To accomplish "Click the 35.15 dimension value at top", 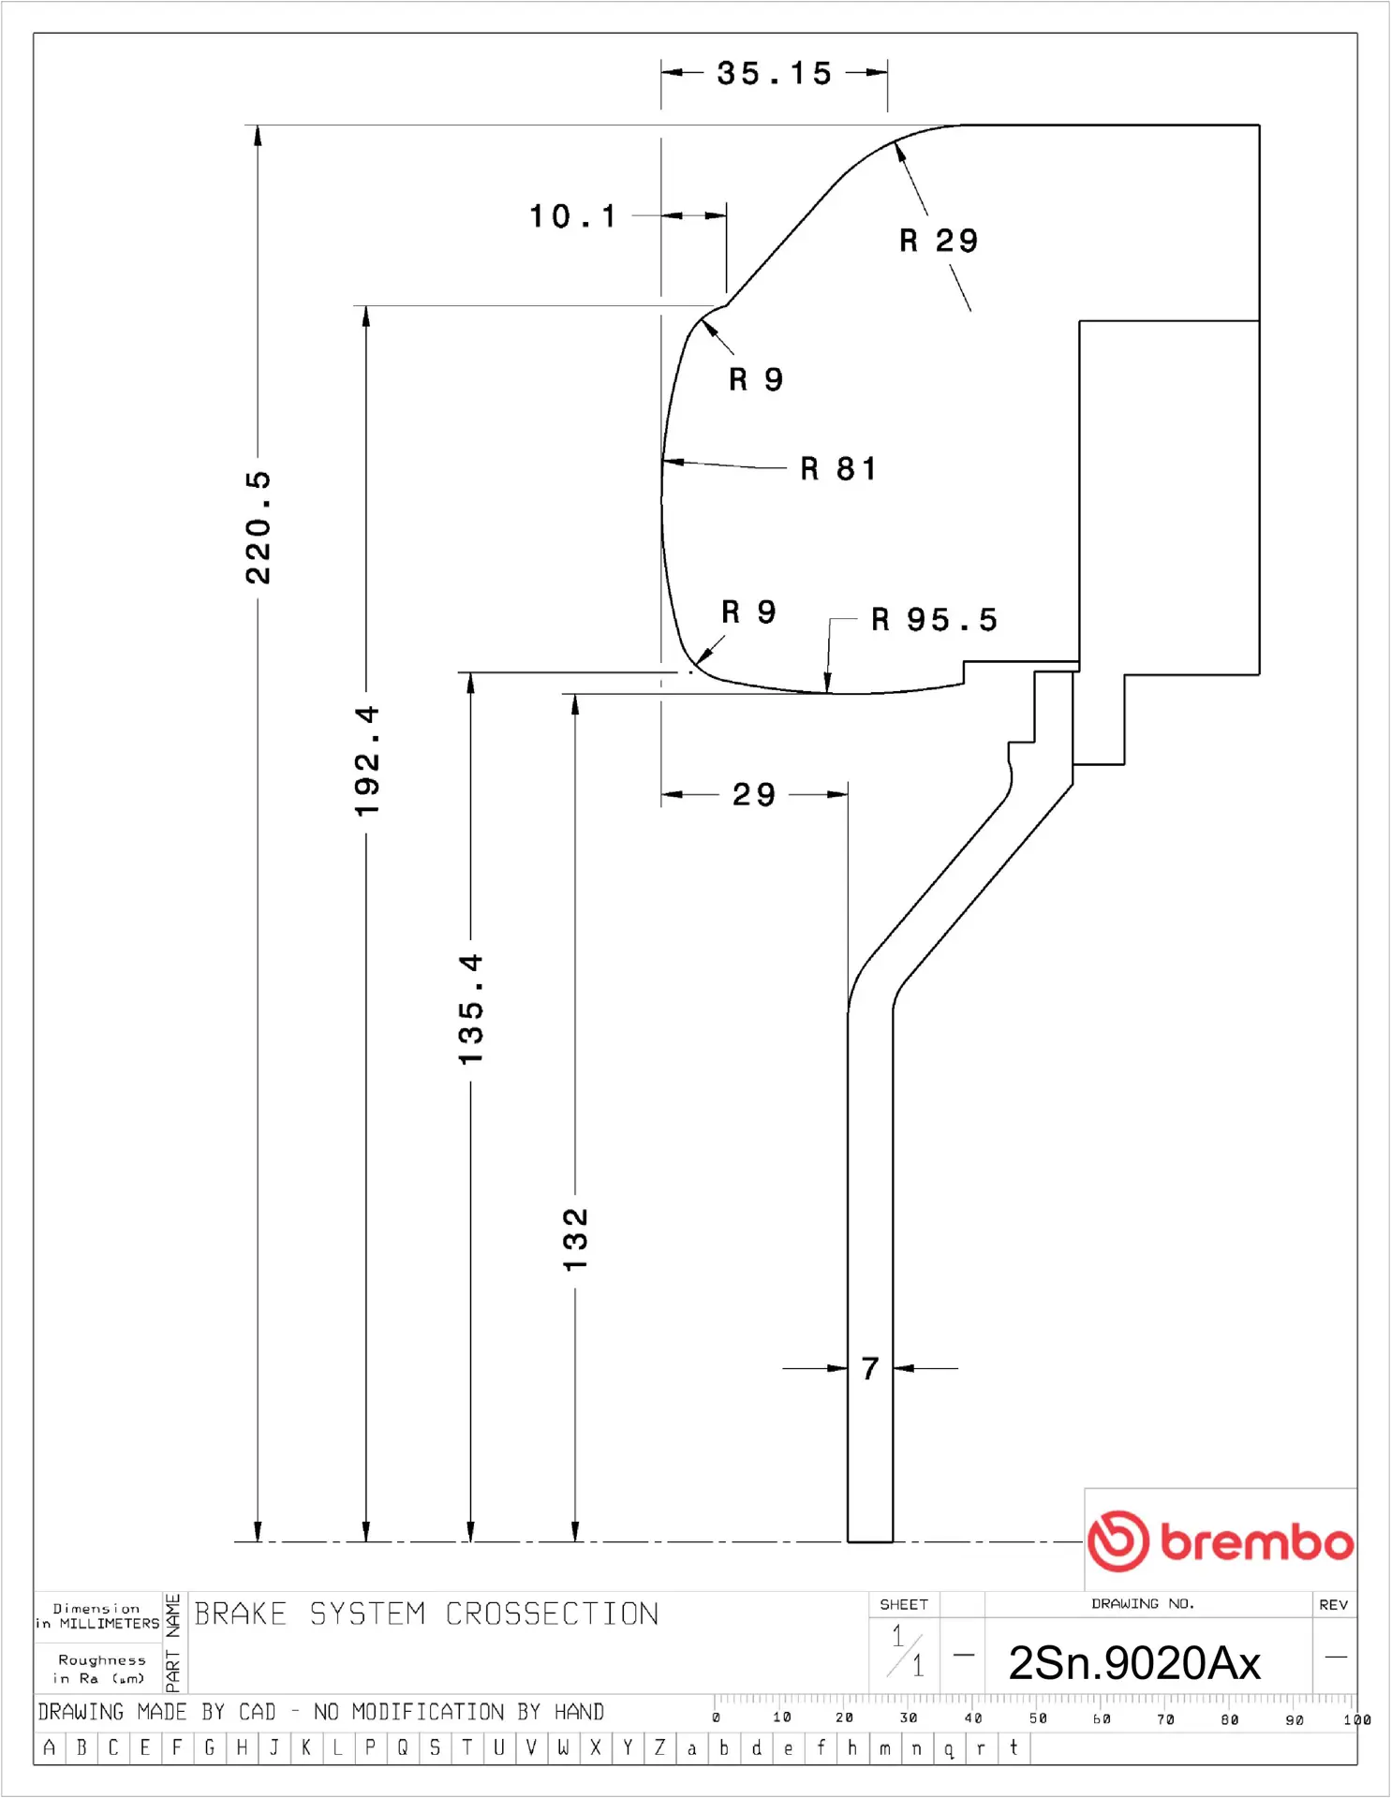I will [774, 73].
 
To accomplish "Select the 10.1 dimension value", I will [573, 216].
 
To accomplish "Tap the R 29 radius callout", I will [939, 241].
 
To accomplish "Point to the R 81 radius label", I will [838, 468].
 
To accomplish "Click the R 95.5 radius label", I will [934, 619].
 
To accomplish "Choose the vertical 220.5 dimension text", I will [258, 528].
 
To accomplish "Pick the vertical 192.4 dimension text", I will [366, 760].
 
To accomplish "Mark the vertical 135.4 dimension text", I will [470, 1009].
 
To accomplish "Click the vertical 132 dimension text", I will [575, 1239].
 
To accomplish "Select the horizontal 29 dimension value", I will [754, 795].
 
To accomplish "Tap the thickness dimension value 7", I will [870, 1368].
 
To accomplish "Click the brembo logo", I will [1220, 1540].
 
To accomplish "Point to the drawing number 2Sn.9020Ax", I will [1133, 1663].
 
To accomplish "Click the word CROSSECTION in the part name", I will [552, 1614].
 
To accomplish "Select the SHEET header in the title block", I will [904, 1604].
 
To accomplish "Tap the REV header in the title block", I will [1333, 1604].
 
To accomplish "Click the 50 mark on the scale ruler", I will [1037, 1718].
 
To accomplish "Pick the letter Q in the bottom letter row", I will [403, 1747].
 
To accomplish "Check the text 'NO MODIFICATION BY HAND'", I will [458, 1712].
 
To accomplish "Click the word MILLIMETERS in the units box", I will [109, 1624].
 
